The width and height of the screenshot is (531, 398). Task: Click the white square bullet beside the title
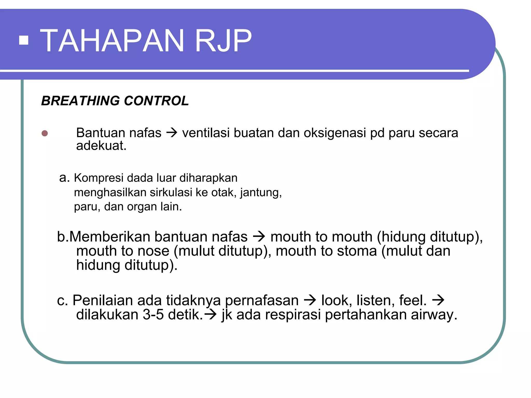coord(24,40)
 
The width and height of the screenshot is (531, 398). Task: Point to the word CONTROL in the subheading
coord(156,101)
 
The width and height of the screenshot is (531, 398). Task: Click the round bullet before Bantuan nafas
coord(45,133)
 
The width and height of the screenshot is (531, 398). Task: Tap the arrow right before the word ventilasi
coord(172,133)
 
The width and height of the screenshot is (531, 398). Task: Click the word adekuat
coord(101,146)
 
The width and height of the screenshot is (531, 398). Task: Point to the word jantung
coord(261,193)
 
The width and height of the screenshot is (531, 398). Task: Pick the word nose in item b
coord(153,251)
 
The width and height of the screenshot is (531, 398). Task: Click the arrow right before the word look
coord(310,300)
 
